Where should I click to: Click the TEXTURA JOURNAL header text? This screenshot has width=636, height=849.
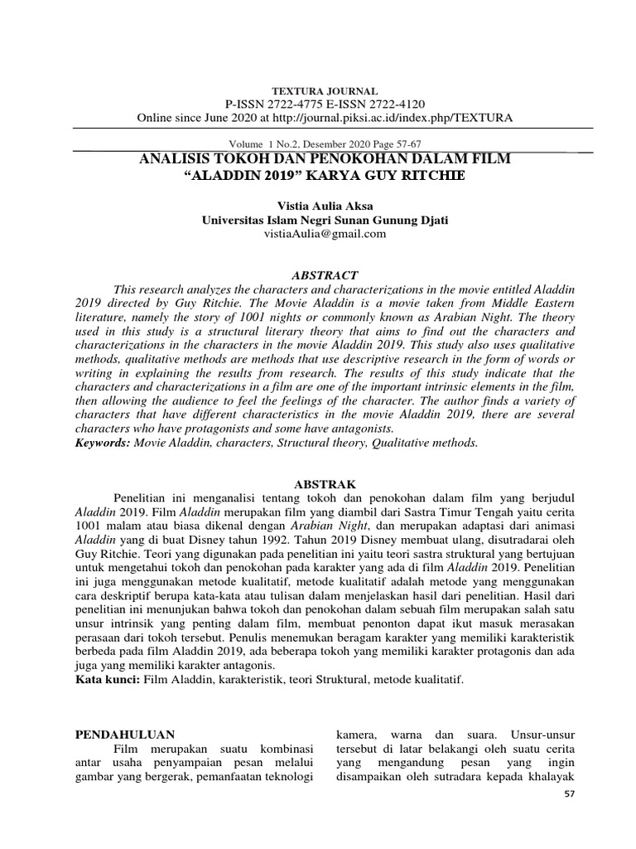325,90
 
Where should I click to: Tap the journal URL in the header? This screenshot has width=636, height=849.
394,118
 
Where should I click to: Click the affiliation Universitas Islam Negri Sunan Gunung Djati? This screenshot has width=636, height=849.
325,220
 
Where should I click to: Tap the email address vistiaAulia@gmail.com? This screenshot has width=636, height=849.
325,234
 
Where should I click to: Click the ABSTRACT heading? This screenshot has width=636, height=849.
325,274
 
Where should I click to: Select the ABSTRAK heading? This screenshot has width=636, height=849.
325,482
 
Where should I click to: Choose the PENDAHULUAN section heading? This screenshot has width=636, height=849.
125,735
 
